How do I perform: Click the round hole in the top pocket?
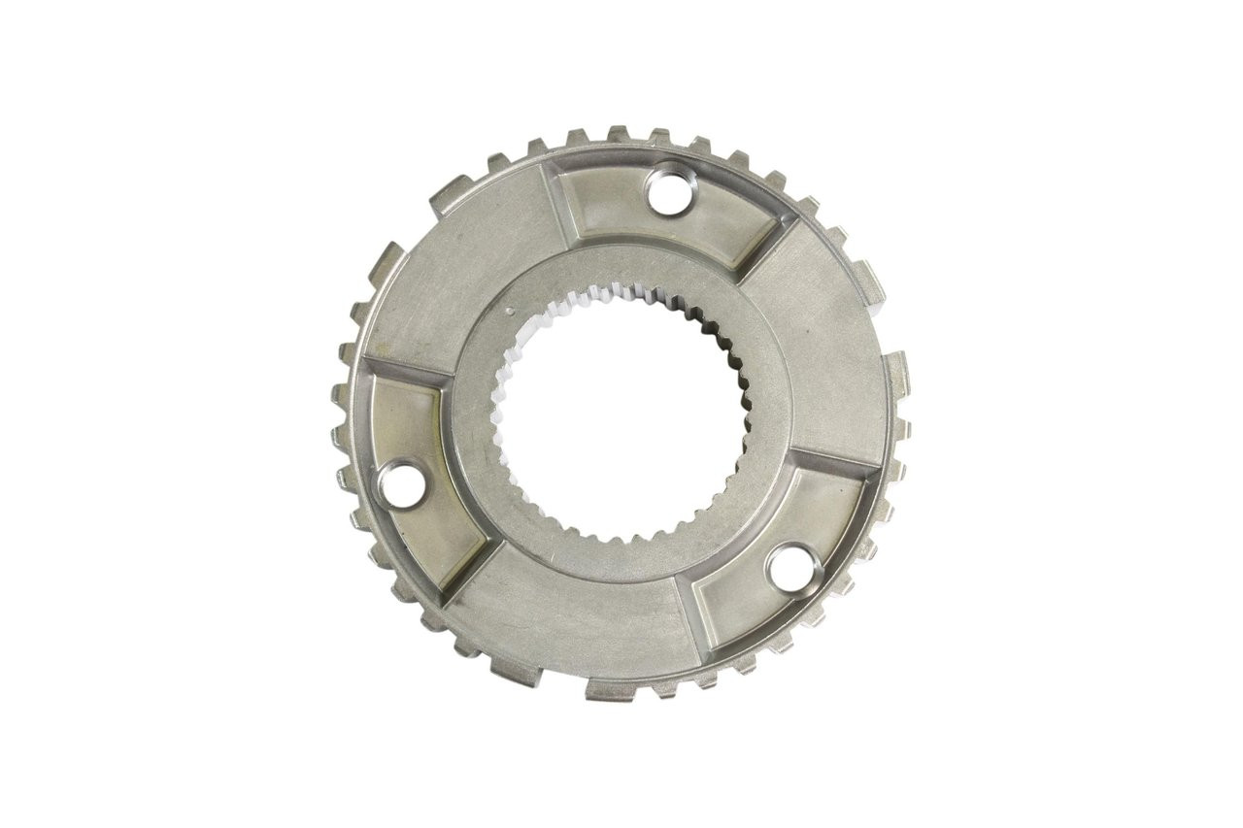click(x=667, y=189)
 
